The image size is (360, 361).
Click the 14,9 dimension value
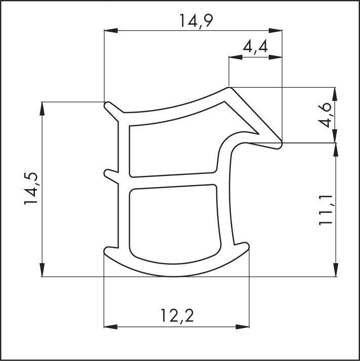click(x=193, y=21)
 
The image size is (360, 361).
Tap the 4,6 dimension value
click(x=327, y=115)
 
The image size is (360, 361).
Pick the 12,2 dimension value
click(x=177, y=316)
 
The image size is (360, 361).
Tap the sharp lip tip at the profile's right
click(x=279, y=146)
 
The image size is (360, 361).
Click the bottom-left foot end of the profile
click(x=107, y=250)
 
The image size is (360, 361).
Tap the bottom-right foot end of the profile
click(x=247, y=247)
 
